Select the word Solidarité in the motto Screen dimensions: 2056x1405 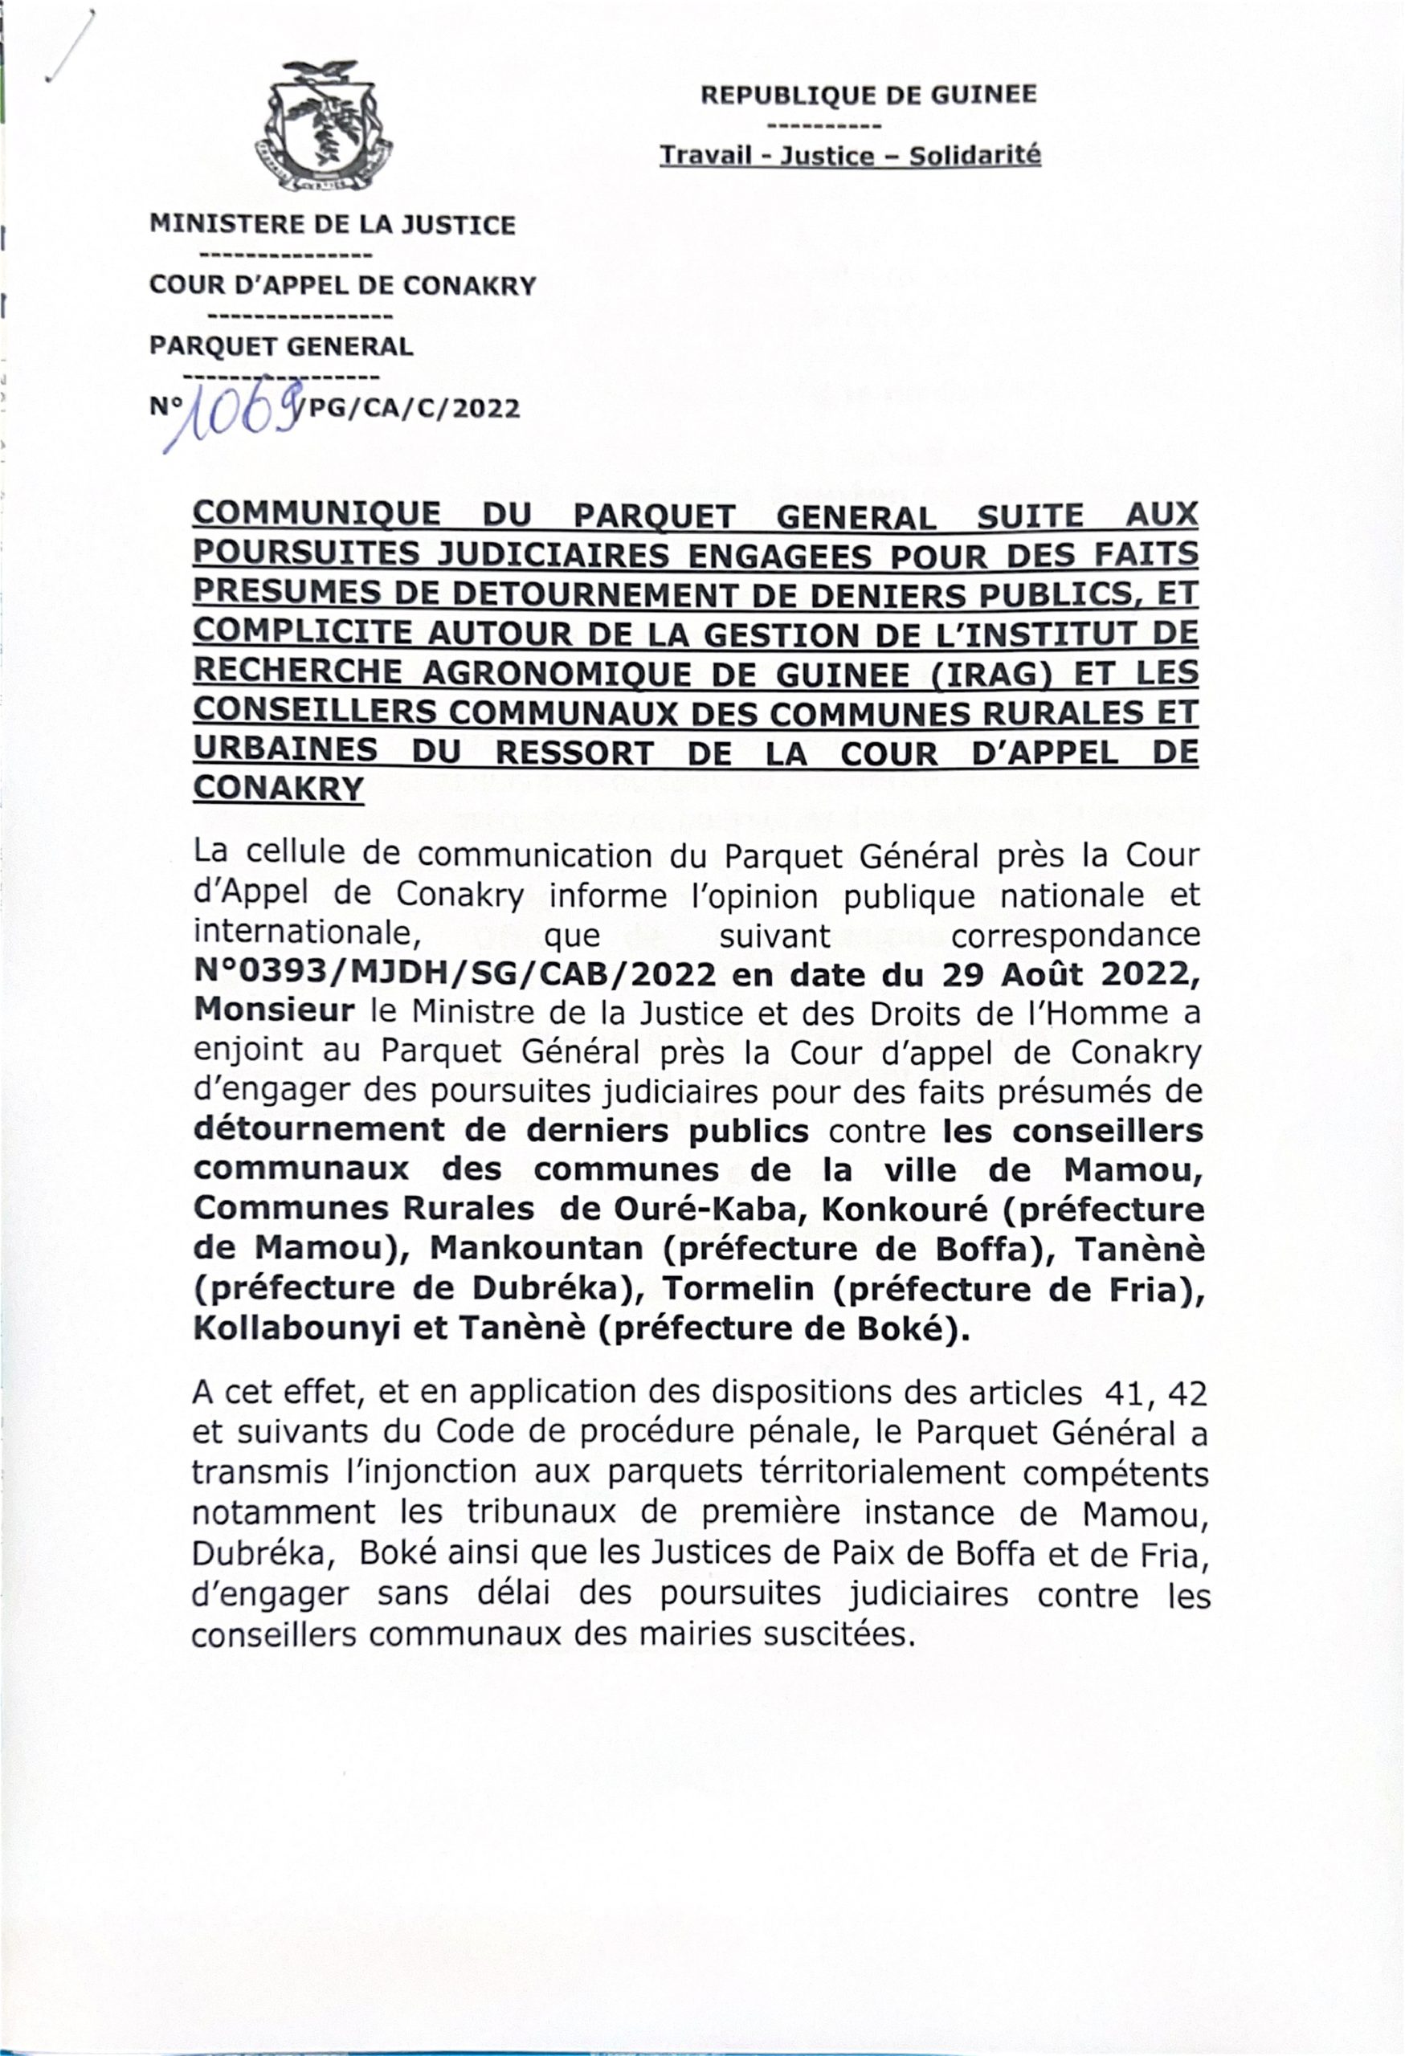click(975, 157)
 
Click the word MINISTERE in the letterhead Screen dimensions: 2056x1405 click(226, 225)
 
